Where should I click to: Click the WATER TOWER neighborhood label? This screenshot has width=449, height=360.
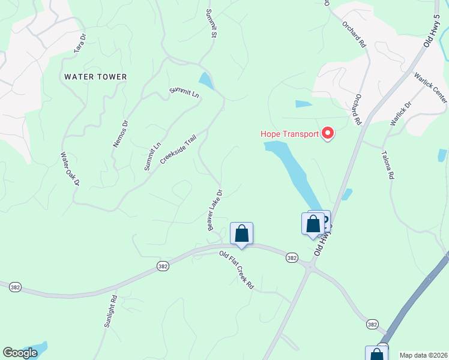point(95,77)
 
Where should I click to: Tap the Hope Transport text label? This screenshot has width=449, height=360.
point(289,134)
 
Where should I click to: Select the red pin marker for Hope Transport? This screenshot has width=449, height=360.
point(328,133)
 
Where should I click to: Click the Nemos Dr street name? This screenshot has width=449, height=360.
point(121,133)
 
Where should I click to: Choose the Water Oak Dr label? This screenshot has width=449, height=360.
point(69,172)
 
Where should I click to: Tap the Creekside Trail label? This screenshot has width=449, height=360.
point(178,149)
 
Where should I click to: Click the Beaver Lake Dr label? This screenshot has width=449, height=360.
point(215,210)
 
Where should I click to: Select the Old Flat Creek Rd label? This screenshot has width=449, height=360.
point(237,271)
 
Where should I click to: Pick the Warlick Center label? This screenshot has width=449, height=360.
point(430,88)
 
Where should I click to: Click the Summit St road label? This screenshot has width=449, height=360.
point(211,23)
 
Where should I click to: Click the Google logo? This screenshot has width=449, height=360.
point(20,353)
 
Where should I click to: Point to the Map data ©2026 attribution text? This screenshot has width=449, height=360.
point(423,355)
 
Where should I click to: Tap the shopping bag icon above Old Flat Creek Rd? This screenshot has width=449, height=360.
point(241,233)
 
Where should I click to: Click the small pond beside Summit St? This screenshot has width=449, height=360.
point(206,80)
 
